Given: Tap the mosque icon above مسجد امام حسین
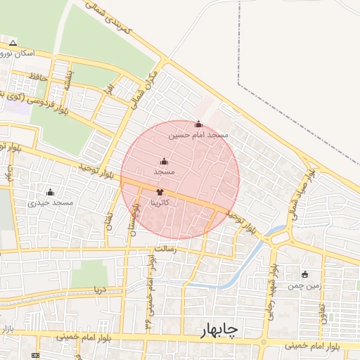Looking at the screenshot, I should pos(198,124).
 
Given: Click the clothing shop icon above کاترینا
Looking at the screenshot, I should pos(160,191).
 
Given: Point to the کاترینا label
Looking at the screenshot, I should pos(160,201).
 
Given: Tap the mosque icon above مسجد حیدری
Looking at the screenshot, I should pos(50,192).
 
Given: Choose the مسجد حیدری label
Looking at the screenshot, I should pos(51,202).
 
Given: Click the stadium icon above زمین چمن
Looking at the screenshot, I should pos(304,274).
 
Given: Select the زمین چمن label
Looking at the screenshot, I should pos(304,285).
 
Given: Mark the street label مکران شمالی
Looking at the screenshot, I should pos(143,89).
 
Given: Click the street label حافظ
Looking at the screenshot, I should pos(38,76).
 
